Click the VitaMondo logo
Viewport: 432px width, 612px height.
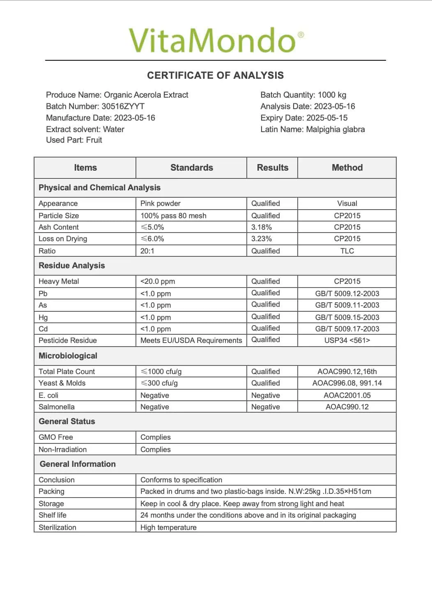216,40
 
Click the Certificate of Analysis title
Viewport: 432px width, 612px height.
216,75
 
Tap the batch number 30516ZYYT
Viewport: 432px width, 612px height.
123,106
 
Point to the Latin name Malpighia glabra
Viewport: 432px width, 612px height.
335,129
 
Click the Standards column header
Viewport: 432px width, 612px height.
191,167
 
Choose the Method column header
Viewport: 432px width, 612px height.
347,167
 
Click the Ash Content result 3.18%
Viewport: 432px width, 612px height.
262,227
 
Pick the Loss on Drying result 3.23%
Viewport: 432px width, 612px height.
262,239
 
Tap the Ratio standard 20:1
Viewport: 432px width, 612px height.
147,251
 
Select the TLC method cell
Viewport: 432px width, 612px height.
347,251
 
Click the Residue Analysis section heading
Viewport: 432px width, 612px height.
72,265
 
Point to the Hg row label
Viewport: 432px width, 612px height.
43,317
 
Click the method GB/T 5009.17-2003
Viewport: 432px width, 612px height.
347,329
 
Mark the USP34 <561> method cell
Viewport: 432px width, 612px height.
347,340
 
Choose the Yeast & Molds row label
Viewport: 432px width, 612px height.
62,383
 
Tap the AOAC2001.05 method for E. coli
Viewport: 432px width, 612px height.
347,395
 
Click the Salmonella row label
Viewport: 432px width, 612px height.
57,407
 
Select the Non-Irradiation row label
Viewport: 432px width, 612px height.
63,450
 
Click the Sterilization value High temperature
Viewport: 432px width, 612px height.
168,528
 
